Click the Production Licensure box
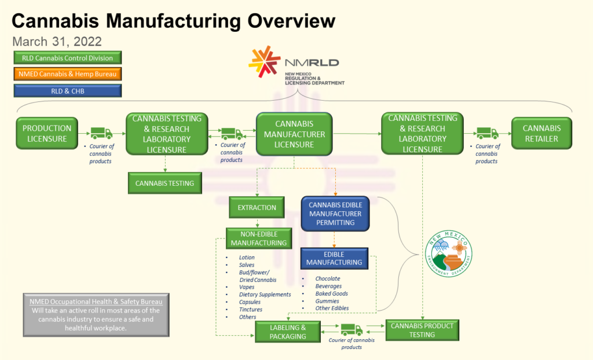(47, 133)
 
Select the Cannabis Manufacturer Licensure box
(294, 134)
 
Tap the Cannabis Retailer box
(541, 133)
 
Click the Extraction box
(257, 207)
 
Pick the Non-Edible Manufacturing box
(259, 238)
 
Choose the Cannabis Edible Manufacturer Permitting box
(335, 214)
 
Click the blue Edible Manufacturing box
(334, 258)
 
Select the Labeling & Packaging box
(288, 332)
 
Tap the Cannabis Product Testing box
(422, 330)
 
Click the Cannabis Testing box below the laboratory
(165, 183)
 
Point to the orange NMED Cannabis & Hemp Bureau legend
(68, 74)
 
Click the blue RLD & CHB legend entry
(68, 91)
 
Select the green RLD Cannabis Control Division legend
(68, 58)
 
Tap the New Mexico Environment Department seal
(449, 254)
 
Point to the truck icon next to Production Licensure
(101, 133)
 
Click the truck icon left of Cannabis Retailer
(487, 133)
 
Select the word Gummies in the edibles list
(327, 301)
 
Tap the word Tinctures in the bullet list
(250, 309)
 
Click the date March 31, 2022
(57, 41)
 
